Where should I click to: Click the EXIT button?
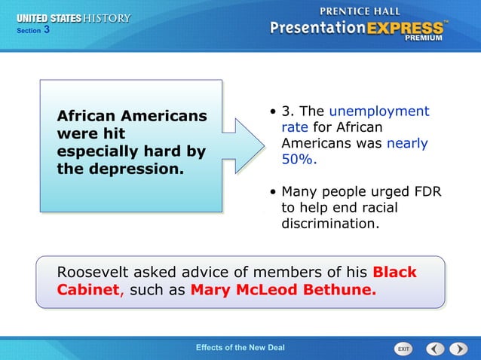click(403, 349)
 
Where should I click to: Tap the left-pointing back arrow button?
click(435, 349)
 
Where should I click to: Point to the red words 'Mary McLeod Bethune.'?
click(283, 290)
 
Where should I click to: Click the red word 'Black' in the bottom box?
click(395, 272)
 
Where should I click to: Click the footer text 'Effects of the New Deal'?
click(240, 347)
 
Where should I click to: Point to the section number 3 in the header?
click(47, 30)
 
